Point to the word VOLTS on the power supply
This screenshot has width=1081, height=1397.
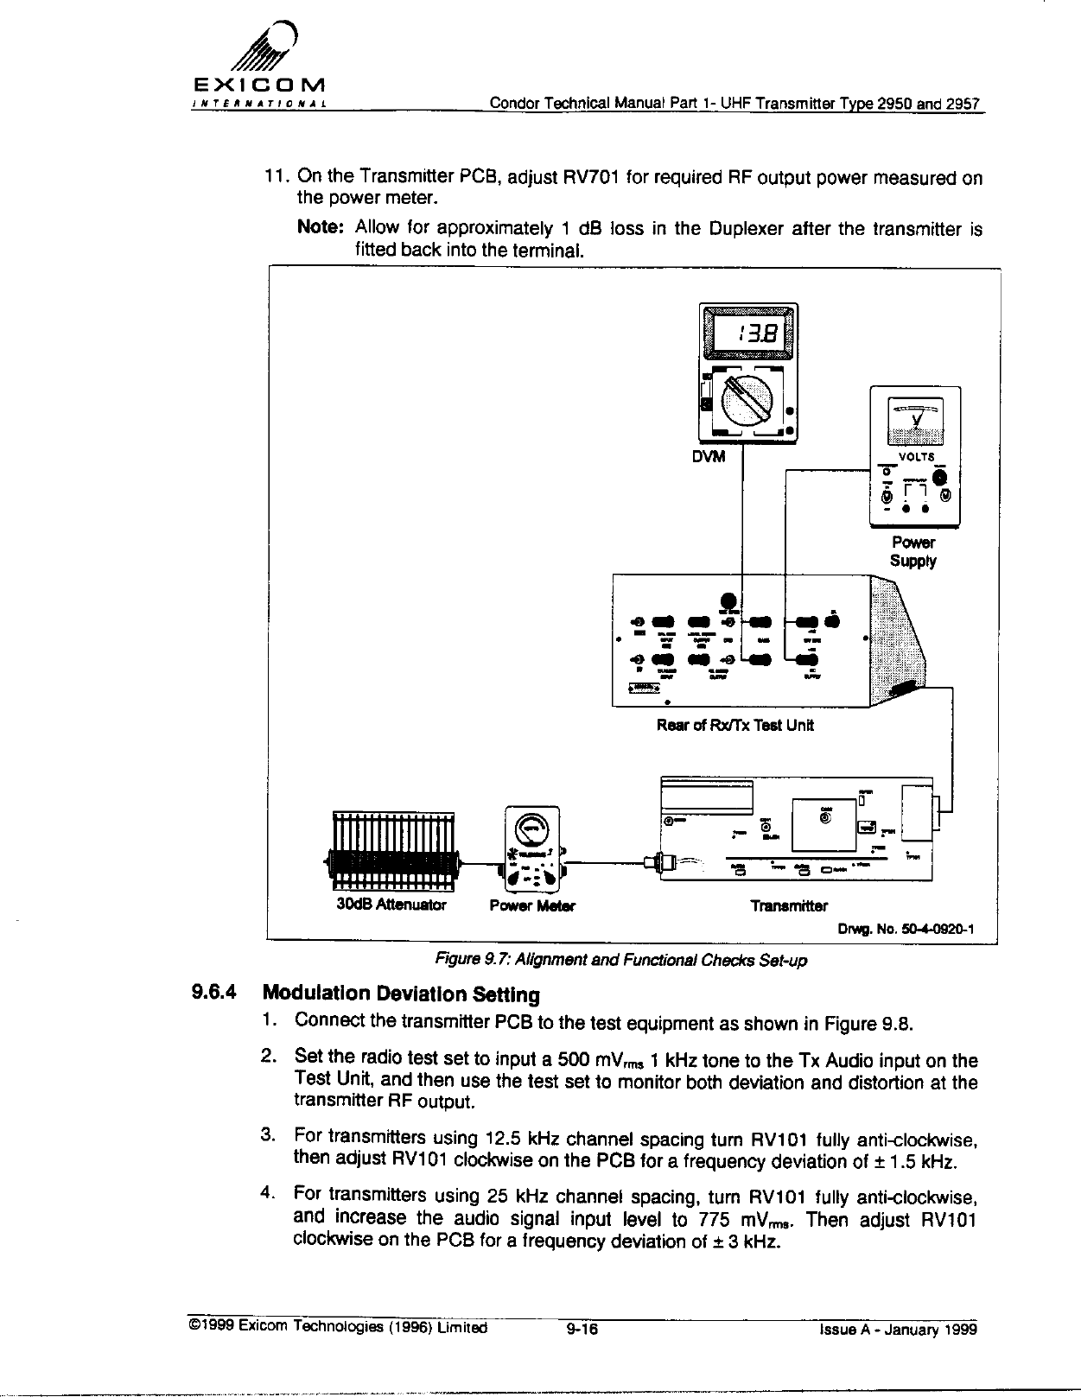click(913, 457)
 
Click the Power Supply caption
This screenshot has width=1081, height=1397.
click(912, 551)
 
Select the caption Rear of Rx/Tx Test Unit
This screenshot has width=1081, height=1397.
click(734, 725)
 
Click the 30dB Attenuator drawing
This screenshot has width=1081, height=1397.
click(393, 850)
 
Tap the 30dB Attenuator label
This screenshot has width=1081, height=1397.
click(391, 905)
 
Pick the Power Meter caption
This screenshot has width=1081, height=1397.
click(531, 905)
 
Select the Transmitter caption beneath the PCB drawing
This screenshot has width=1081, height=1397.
click(788, 905)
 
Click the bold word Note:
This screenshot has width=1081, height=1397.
click(321, 228)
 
